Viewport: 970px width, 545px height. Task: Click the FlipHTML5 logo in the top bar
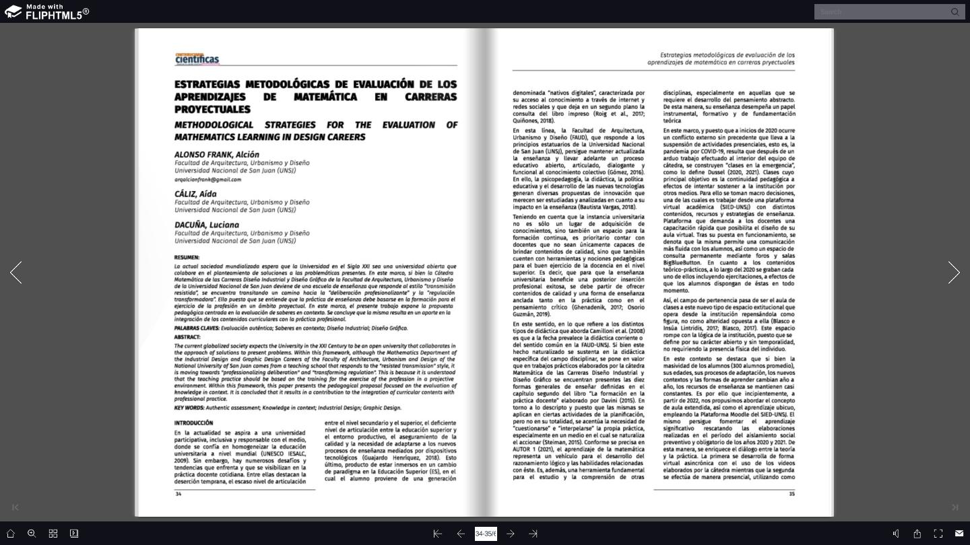click(x=46, y=11)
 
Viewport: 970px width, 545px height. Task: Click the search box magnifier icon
click(x=955, y=11)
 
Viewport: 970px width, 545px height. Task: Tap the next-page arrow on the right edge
click(x=954, y=272)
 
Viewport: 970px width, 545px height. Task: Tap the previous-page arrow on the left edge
click(x=16, y=272)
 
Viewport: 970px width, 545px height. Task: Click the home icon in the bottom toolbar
click(x=10, y=534)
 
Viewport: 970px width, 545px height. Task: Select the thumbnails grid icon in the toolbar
click(x=53, y=534)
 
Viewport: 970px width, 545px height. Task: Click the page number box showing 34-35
click(x=486, y=534)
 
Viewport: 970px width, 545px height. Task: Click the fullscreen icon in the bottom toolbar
click(x=938, y=534)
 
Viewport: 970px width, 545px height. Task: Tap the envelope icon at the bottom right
click(x=959, y=534)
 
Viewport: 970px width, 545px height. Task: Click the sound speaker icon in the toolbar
click(x=896, y=534)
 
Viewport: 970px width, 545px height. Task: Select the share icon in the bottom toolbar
click(x=917, y=534)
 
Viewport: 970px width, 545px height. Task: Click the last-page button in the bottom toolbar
click(x=533, y=534)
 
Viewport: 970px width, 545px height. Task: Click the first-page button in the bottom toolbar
click(x=438, y=534)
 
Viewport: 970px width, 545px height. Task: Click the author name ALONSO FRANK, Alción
click(x=217, y=155)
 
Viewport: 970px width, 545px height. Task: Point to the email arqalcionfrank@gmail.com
click(x=207, y=180)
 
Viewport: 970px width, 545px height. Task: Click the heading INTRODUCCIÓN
click(x=193, y=423)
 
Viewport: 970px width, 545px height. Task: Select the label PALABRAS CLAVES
click(x=196, y=328)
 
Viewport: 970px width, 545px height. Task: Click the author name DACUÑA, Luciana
click(x=207, y=225)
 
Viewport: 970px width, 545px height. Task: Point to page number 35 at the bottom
click(x=791, y=494)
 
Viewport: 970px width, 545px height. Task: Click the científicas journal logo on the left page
click(x=197, y=59)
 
